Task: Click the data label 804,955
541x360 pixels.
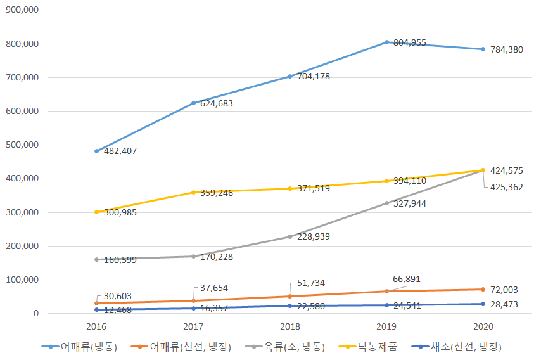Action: [x=409, y=43]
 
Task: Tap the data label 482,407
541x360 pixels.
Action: [x=119, y=151]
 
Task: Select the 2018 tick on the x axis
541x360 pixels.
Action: [x=290, y=326]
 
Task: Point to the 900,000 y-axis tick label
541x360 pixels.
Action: [x=22, y=10]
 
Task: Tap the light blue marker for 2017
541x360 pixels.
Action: [x=193, y=103]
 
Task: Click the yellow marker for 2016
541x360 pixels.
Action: [x=96, y=212]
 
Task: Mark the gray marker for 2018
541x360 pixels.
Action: [x=290, y=236]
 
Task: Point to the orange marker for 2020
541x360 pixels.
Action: [x=483, y=289]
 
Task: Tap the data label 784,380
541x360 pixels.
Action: [x=506, y=49]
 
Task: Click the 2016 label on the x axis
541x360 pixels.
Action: [x=96, y=326]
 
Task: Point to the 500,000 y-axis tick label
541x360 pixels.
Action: [x=22, y=145]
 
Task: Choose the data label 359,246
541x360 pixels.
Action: [x=217, y=193]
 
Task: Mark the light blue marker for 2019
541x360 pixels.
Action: [x=386, y=42]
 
